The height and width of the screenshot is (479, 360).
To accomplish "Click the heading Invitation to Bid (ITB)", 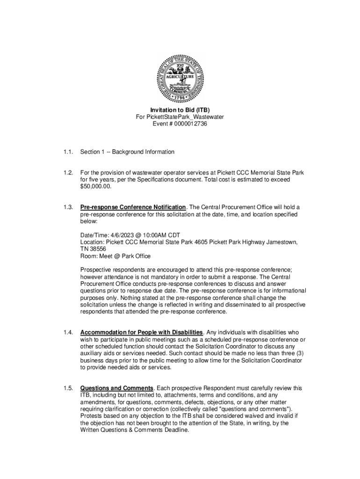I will click(180, 110).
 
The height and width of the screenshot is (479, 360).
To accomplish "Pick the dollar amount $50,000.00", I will click(96, 186).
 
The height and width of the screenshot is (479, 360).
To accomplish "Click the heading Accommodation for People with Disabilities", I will click(141, 333).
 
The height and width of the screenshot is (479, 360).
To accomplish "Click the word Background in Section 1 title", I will click(126, 152).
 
